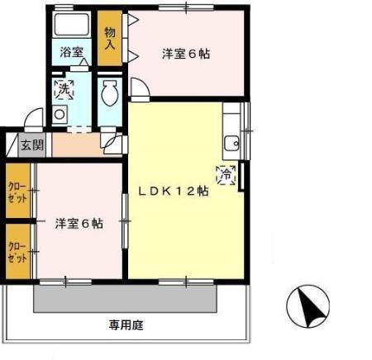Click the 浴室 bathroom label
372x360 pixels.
click(x=71, y=52)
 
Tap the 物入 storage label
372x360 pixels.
click(x=109, y=38)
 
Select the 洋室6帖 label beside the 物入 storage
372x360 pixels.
click(x=184, y=54)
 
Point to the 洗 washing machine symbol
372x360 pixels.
click(x=64, y=90)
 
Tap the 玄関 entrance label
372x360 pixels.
click(x=33, y=145)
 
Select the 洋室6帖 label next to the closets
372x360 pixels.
click(x=79, y=223)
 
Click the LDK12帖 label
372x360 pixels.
click(x=172, y=190)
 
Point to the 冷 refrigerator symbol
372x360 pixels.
click(x=225, y=173)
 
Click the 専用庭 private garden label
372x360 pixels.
click(x=125, y=324)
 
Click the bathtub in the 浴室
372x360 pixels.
click(x=71, y=24)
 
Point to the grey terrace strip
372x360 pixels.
click(x=124, y=297)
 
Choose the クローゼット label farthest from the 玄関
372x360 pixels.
click(x=17, y=251)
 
